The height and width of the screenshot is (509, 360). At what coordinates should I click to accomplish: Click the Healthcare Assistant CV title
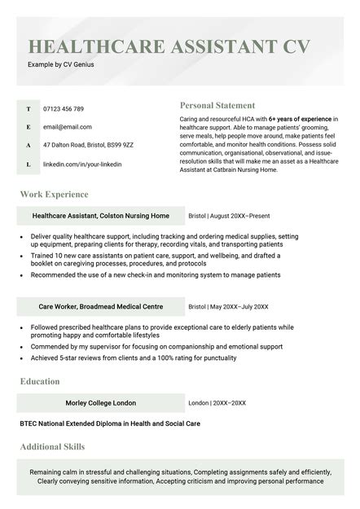pyautogui.click(x=169, y=46)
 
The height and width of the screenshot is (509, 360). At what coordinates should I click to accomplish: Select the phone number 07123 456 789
pyautogui.click(x=64, y=108)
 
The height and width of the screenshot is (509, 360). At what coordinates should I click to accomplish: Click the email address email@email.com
pyautogui.click(x=67, y=127)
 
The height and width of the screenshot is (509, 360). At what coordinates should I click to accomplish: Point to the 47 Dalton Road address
pyautogui.click(x=88, y=145)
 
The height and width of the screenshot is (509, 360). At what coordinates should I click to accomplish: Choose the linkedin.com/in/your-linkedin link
pyautogui.click(x=82, y=164)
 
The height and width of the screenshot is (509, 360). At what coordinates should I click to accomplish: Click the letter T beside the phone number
pyautogui.click(x=29, y=108)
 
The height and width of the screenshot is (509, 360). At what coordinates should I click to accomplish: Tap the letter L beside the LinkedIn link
pyautogui.click(x=29, y=164)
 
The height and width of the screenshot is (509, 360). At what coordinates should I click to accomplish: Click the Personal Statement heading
pyautogui.click(x=217, y=105)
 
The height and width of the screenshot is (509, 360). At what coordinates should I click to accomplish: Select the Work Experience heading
pyautogui.click(x=54, y=195)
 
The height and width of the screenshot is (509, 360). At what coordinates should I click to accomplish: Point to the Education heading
pyautogui.click(x=40, y=381)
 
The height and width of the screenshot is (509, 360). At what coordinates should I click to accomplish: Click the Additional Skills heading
pyautogui.click(x=52, y=446)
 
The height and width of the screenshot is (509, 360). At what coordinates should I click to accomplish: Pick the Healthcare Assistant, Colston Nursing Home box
pyautogui.click(x=101, y=216)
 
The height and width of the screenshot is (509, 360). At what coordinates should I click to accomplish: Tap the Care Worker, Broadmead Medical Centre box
pyautogui.click(x=101, y=307)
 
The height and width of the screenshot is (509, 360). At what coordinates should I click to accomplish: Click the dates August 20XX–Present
pyautogui.click(x=239, y=216)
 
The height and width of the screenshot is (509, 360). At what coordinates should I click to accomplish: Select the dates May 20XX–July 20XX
pyautogui.click(x=239, y=307)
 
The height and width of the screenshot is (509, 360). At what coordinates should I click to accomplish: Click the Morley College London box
pyautogui.click(x=101, y=403)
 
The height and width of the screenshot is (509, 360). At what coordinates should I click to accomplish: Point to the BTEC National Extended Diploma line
pyautogui.click(x=109, y=423)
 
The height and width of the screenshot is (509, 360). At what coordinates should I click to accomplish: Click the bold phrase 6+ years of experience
pyautogui.click(x=300, y=119)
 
